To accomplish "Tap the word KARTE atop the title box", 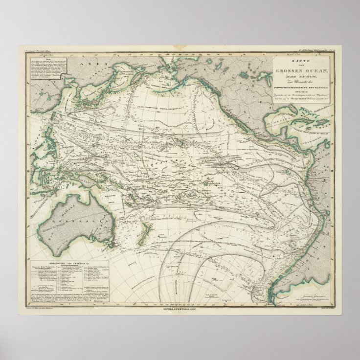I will (302, 60).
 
